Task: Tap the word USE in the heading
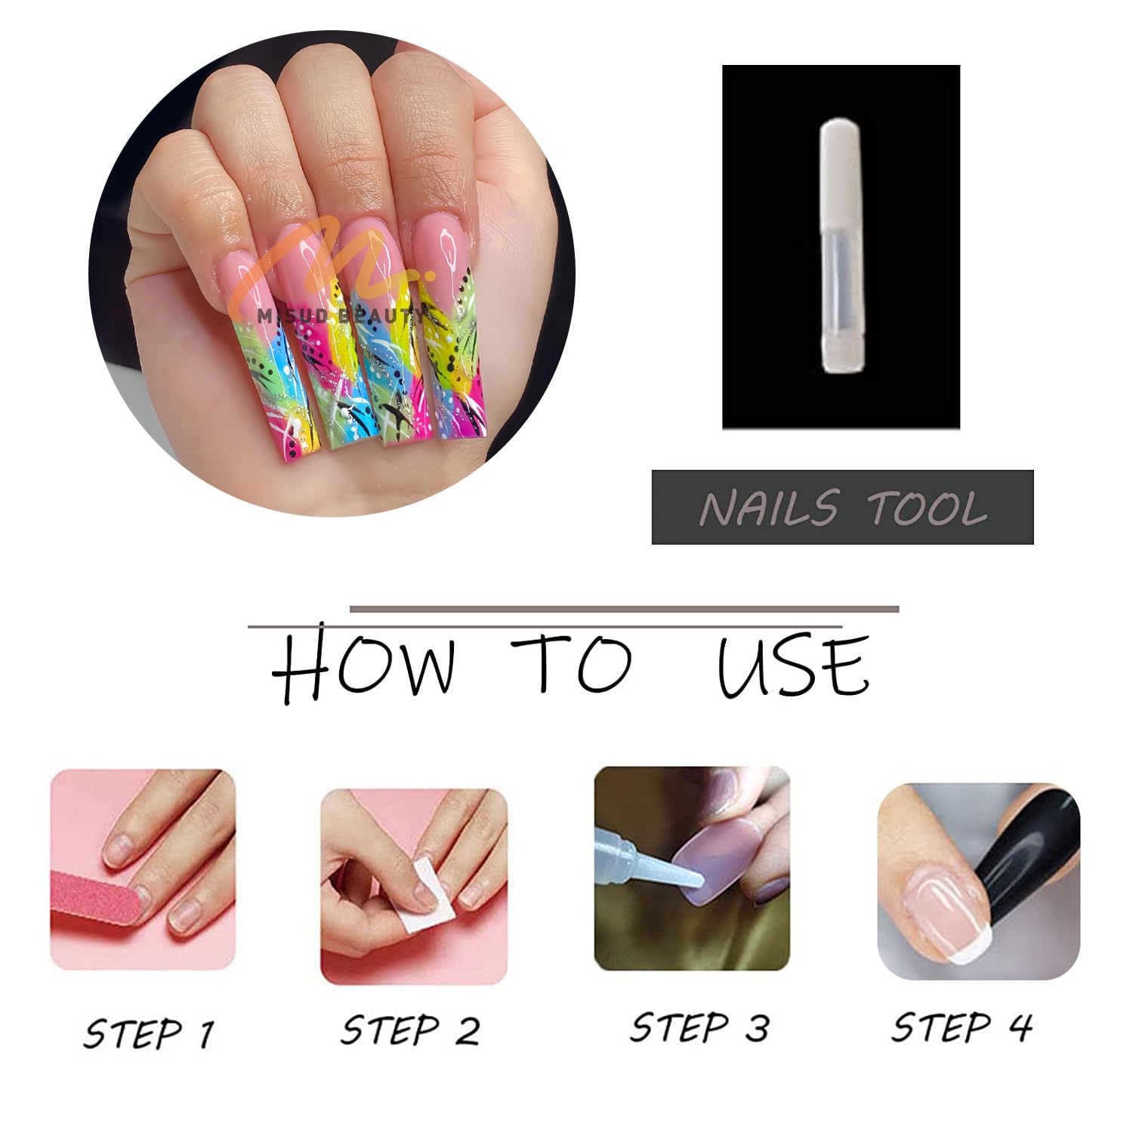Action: [793, 665]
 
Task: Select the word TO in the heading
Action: [572, 664]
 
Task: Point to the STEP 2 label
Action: [409, 1030]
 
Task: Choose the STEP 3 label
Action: [699, 1028]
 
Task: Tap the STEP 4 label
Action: [962, 1027]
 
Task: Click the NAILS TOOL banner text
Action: [843, 508]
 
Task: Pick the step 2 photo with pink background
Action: [413, 887]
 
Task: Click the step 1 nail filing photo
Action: [143, 869]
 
